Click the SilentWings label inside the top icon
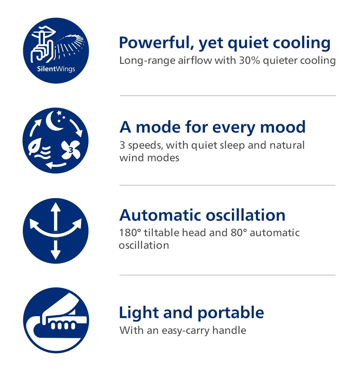[56, 69]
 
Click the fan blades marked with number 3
[70, 150]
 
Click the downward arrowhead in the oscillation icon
[55, 255]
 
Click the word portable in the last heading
[231, 313]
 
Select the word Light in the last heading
[139, 313]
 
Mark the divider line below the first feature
[227, 96]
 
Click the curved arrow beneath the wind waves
[56, 165]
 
